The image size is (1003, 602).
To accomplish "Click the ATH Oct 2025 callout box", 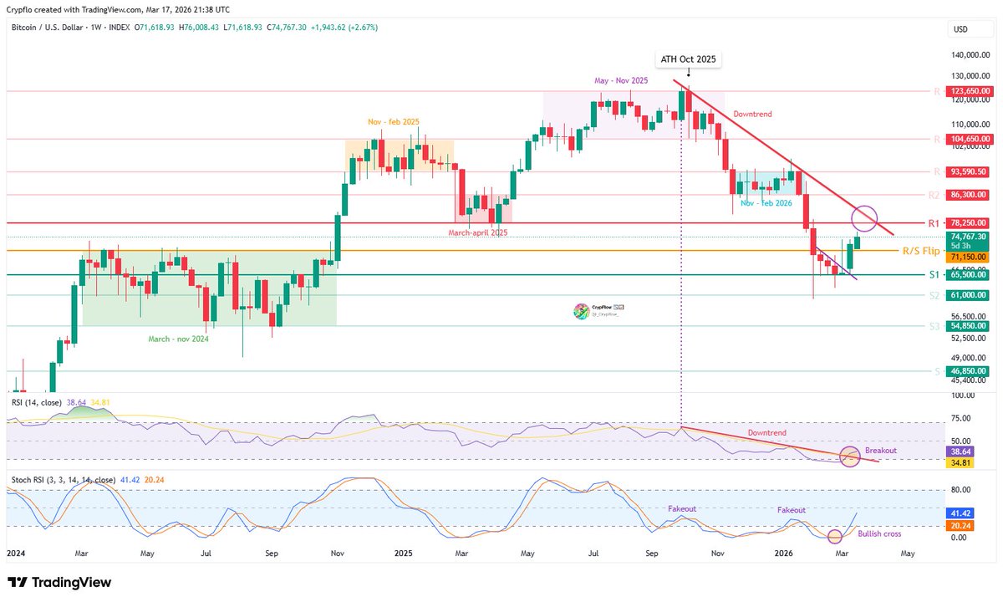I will (x=688, y=59).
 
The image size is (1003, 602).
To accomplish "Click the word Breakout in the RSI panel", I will (x=881, y=450).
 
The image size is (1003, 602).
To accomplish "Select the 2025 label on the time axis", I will (x=403, y=554).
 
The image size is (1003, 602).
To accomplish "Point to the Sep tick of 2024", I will (x=272, y=554).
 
